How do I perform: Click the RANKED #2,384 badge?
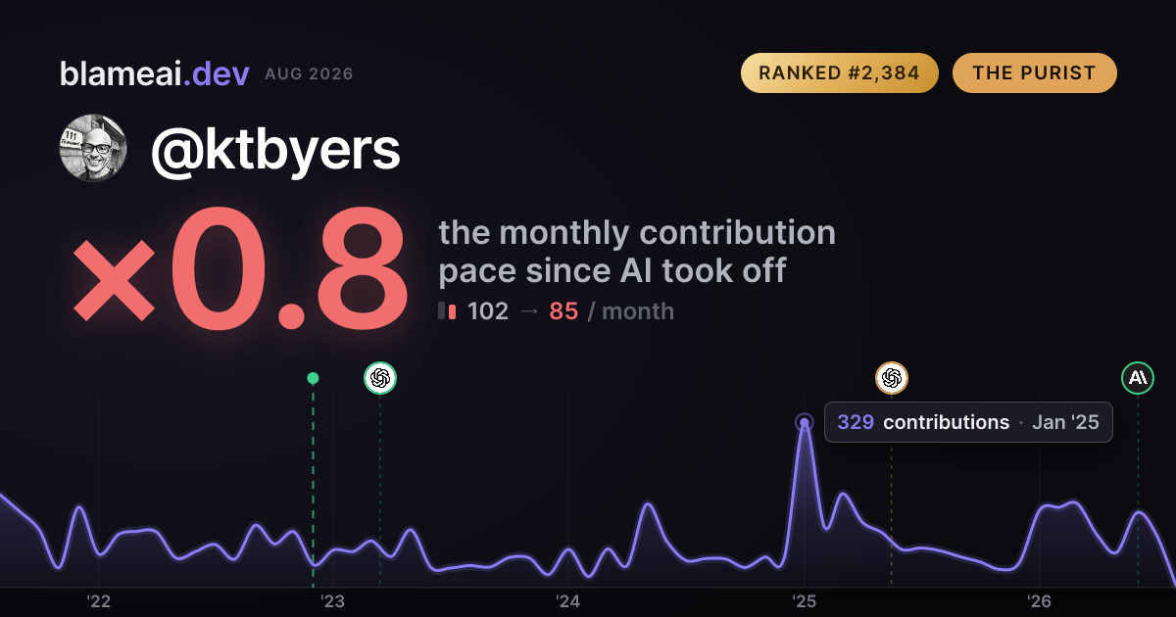[840, 72]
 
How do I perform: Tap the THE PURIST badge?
[1034, 72]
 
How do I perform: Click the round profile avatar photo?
[93, 148]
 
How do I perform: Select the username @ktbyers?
[275, 151]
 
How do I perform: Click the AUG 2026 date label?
[310, 74]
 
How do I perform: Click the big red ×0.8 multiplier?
[240, 267]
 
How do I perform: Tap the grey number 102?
[488, 311]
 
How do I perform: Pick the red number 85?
[563, 311]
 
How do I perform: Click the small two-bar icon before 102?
[447, 311]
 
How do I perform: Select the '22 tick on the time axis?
[98, 601]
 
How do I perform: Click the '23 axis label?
[333, 601]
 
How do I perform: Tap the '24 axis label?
[568, 601]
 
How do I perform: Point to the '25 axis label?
[804, 601]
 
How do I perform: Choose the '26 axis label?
[1039, 601]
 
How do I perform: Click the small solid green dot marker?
[313, 378]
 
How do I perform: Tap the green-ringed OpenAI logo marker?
[380, 378]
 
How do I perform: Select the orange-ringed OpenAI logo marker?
[892, 378]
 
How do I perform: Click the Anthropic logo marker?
[1138, 378]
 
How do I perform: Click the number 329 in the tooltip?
[856, 422]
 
